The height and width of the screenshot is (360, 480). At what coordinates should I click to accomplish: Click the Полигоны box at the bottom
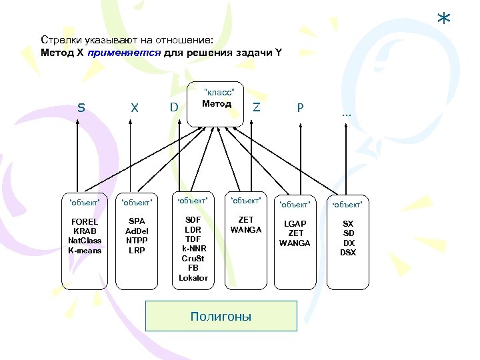click(221, 317)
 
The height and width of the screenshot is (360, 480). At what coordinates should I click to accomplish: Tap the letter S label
click(81, 107)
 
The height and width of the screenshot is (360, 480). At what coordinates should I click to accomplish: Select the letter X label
click(135, 107)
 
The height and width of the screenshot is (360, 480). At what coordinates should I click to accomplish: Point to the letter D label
click(174, 107)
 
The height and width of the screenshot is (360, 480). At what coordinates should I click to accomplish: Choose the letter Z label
click(257, 107)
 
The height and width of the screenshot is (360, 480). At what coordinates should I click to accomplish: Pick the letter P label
click(301, 107)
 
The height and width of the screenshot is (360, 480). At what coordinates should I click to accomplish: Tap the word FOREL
click(85, 222)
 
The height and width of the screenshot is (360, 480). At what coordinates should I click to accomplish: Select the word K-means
click(85, 251)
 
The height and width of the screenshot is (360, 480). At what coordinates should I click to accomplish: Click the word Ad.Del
click(137, 231)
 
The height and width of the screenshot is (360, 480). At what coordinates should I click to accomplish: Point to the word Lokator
click(193, 278)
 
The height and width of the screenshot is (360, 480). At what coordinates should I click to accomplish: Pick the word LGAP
click(295, 224)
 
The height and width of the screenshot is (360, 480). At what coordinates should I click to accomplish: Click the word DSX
click(348, 253)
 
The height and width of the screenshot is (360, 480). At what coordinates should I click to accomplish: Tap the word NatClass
click(85, 241)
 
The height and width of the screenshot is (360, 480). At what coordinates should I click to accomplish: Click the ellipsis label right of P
click(346, 114)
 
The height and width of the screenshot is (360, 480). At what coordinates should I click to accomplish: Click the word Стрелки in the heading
click(59, 40)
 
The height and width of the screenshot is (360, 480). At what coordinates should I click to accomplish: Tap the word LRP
click(137, 251)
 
